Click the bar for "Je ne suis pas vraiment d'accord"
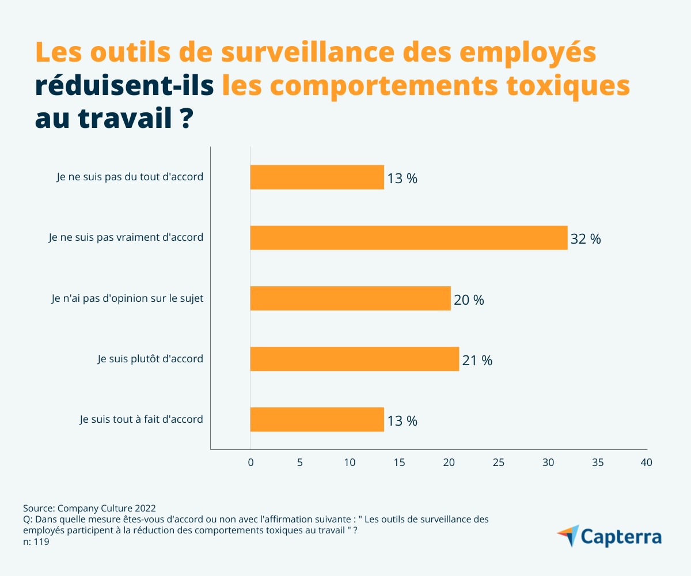coord(409,237)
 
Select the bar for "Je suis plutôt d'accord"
coord(355,359)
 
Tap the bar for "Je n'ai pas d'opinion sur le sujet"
coord(350,298)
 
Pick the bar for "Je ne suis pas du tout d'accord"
coord(317,177)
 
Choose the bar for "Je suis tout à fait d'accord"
coord(317,419)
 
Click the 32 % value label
coord(586,239)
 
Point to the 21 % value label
coord(477,361)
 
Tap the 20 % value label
coord(469,300)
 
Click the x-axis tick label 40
coord(647,463)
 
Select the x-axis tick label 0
coord(250,463)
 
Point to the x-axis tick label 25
coord(499,463)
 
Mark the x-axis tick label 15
coord(399,463)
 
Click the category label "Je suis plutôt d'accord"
coord(150,359)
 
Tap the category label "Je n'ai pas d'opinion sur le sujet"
coord(127,298)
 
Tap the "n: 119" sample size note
coord(36,542)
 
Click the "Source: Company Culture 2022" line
coord(89,508)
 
